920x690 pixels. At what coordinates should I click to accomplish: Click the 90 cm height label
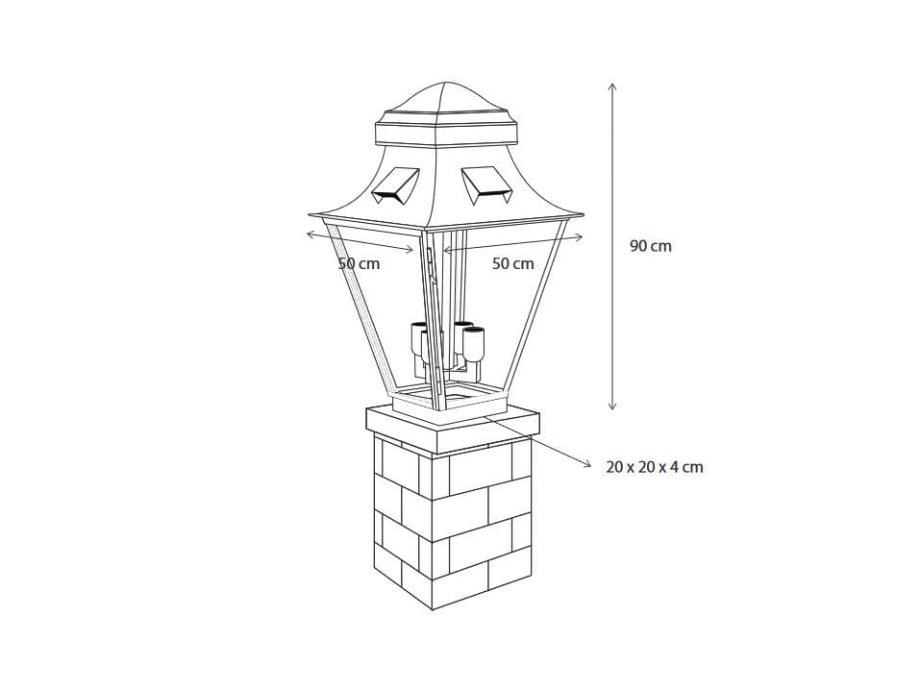651,246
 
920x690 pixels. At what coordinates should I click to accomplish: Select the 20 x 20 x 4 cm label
654,467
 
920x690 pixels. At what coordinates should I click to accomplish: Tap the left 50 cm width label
359,263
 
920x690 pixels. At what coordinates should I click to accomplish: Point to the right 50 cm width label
512,263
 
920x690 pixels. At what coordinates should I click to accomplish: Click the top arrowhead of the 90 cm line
612,86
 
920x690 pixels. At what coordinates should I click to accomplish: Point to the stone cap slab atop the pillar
453,427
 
